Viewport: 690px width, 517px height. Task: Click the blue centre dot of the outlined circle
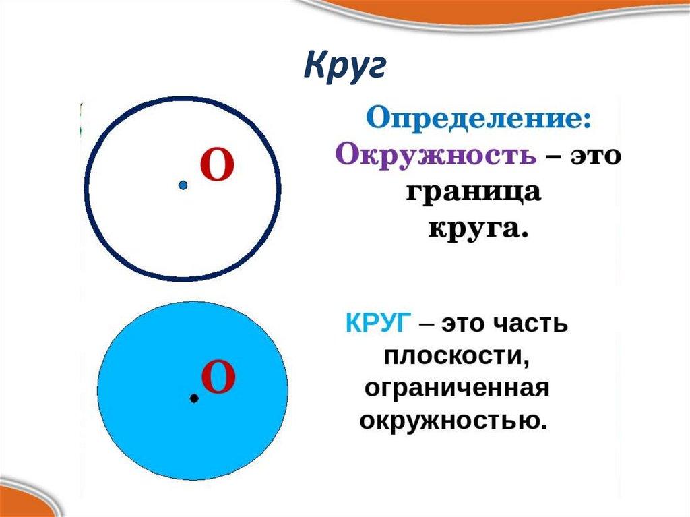183,185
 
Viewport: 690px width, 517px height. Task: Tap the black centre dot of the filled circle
194,399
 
